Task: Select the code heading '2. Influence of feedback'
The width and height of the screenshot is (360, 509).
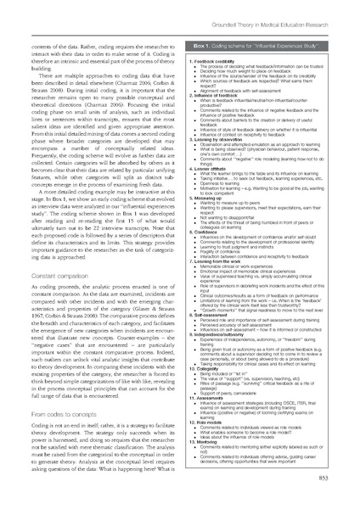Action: [x=220, y=99]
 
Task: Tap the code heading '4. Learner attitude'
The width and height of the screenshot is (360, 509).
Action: [x=215, y=166]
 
